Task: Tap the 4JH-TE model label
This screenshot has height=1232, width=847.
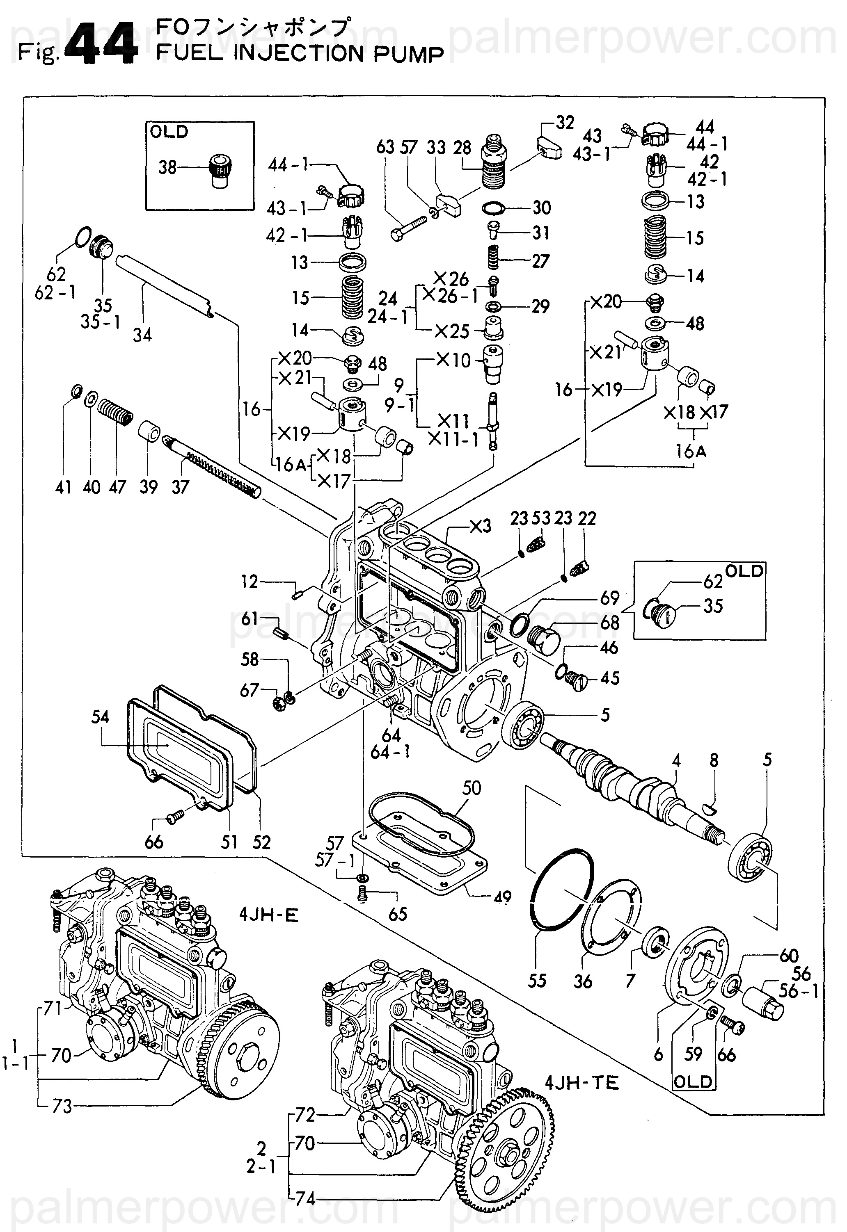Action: pyautogui.click(x=582, y=1082)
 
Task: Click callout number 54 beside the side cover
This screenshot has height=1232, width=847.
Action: pyautogui.click(x=100, y=717)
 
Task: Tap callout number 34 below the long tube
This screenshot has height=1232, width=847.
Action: pyautogui.click(x=142, y=335)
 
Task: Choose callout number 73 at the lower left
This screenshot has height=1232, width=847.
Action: pyautogui.click(x=62, y=1107)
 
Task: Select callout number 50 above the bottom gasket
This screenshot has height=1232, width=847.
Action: pyautogui.click(x=471, y=788)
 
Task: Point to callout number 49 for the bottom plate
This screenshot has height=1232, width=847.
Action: pyautogui.click(x=502, y=897)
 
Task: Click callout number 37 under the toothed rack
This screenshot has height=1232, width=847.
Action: pyautogui.click(x=181, y=487)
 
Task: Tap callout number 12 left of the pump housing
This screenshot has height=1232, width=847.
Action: pyautogui.click(x=250, y=582)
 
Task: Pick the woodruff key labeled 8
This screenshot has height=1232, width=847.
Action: pyautogui.click(x=709, y=807)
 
